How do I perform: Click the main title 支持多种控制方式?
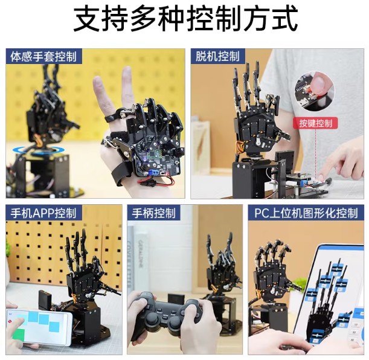(x=185, y=19)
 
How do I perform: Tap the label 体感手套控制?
(x=43, y=57)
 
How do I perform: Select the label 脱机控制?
(x=217, y=56)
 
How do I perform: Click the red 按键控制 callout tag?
(x=315, y=123)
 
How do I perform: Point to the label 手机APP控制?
(x=43, y=213)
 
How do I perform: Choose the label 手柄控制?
(x=153, y=213)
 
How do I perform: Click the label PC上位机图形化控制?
(x=306, y=213)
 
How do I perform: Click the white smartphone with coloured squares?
(x=39, y=327)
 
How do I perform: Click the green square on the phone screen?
(x=19, y=336)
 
